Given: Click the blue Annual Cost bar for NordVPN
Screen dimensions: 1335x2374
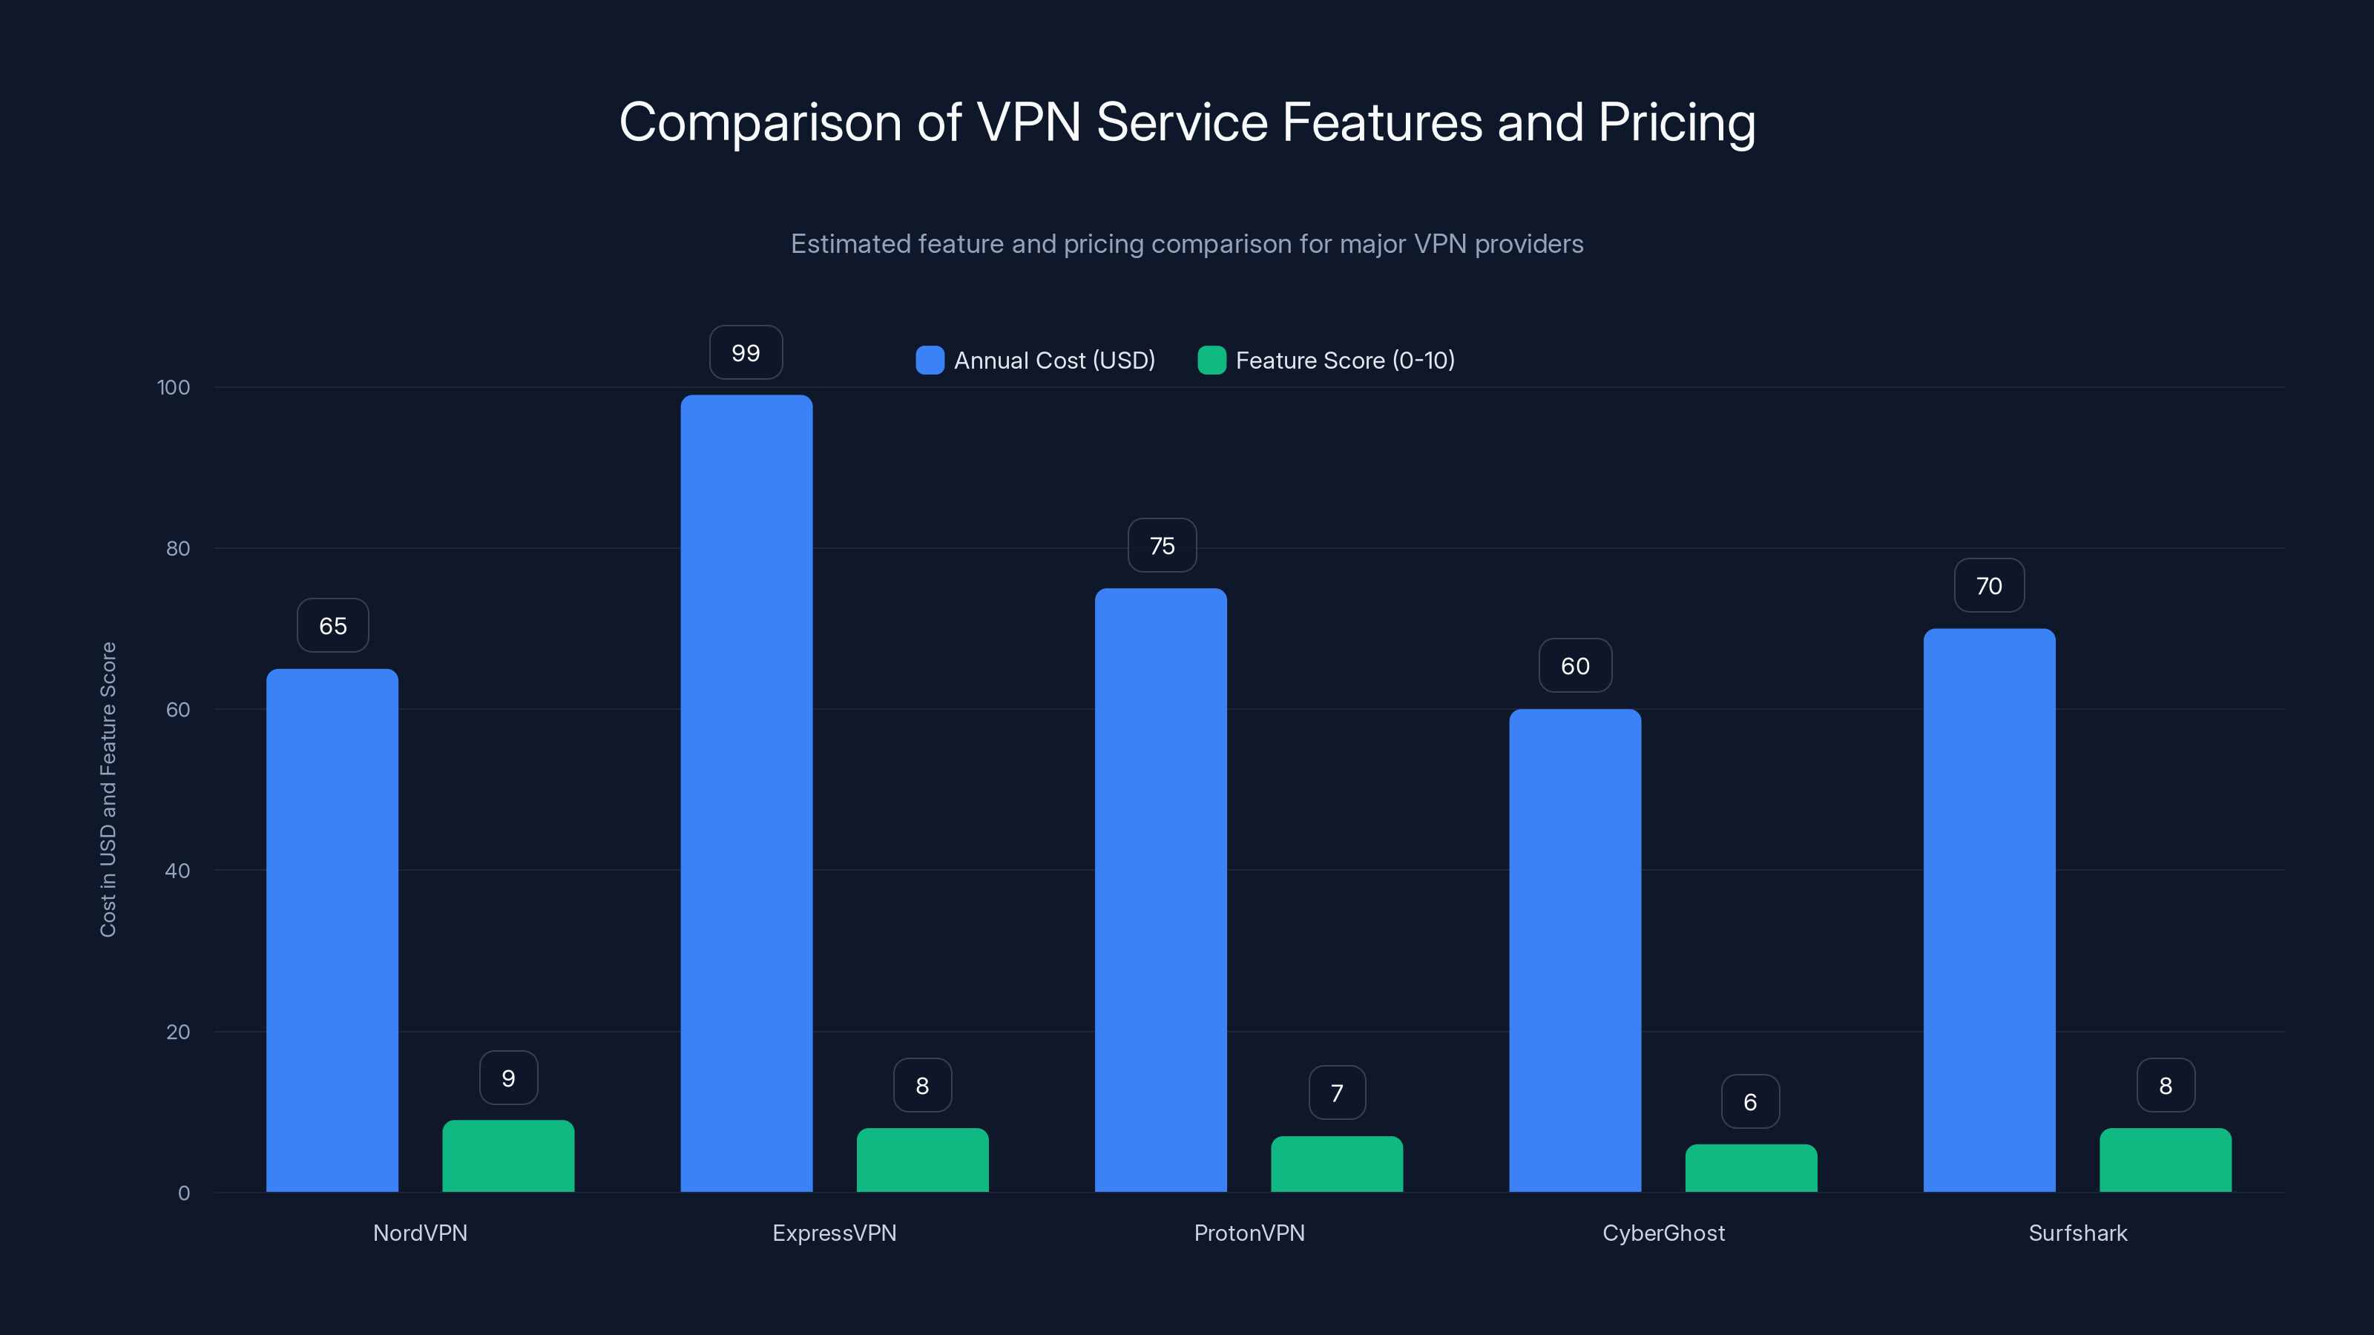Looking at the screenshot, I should pos(332,931).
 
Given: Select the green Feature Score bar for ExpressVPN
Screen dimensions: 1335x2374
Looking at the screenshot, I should pos(922,1160).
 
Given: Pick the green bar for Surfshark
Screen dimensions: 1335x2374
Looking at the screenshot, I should pos(2165,1160).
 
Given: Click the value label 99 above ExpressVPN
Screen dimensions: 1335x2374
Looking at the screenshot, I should pos(746,353).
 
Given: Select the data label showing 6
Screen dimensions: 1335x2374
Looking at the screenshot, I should pos(1750,1102).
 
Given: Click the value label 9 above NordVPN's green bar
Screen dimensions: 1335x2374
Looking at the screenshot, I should pos(507,1078).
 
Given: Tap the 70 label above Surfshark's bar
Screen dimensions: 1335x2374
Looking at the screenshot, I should pos(1989,586).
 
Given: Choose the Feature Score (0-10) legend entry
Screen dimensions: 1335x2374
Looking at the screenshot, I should pos(1326,360).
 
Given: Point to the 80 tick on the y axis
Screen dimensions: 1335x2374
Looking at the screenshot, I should pos(178,548).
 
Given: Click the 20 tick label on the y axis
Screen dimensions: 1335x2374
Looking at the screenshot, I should pos(178,1032).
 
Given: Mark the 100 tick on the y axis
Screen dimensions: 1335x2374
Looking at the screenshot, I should pos(174,387).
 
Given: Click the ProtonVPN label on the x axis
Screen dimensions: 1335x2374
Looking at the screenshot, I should pos(1249,1233).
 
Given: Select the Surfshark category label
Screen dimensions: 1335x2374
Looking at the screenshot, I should pos(2077,1233).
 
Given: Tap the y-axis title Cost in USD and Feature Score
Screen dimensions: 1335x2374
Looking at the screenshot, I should pos(108,790).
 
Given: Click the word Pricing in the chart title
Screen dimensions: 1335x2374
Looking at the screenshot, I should pos(1677,122).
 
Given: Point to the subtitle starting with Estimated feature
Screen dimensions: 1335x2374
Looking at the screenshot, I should pos(1187,244).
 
